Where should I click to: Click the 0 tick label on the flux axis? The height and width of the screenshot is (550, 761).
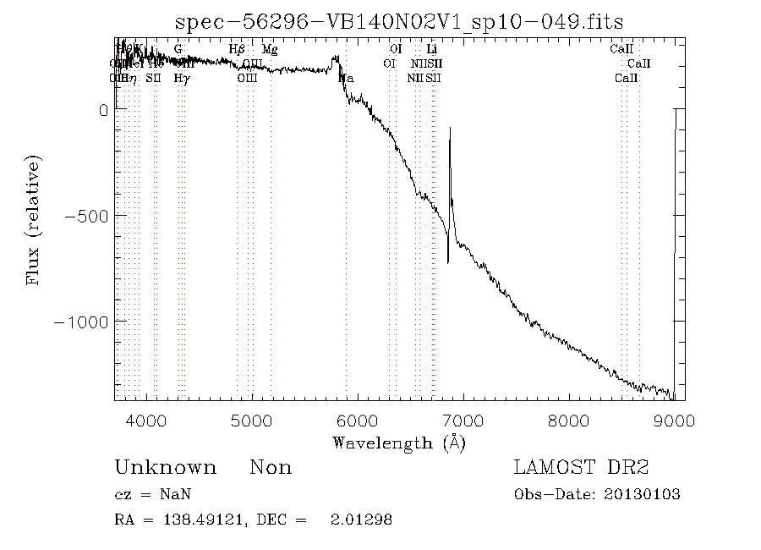(103, 110)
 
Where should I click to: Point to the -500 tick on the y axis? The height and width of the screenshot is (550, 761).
(87, 216)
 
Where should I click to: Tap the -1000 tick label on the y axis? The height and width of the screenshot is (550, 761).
(82, 322)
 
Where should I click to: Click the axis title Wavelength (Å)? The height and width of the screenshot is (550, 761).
(399, 442)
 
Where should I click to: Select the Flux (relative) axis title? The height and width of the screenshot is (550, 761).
(35, 220)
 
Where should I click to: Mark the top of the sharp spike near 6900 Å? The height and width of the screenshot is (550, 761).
(450, 128)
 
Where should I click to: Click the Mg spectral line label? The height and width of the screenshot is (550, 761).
(270, 49)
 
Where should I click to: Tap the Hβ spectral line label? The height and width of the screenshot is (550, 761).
(238, 49)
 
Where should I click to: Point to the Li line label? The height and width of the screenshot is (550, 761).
(431, 49)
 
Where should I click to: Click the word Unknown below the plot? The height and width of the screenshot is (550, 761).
(165, 468)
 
